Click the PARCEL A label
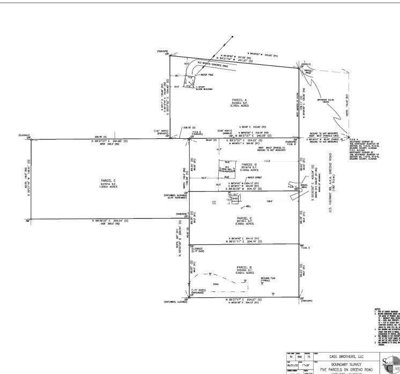(234, 100)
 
